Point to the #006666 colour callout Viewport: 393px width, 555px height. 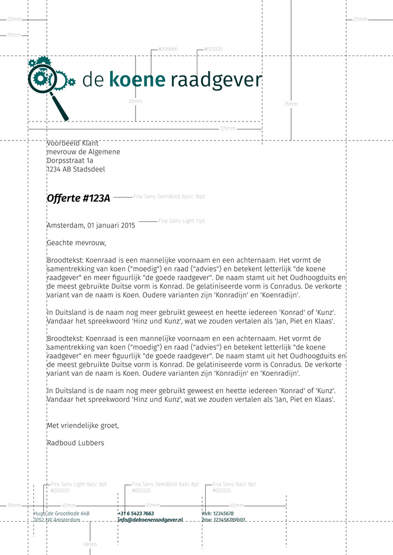click(x=167, y=49)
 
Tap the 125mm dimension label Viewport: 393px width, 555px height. click(x=227, y=129)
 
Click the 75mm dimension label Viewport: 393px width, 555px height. click(x=291, y=104)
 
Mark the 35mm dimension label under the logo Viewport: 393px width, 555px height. click(x=135, y=102)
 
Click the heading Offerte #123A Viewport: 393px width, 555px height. click(x=78, y=199)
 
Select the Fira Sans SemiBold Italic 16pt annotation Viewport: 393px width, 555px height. click(x=169, y=196)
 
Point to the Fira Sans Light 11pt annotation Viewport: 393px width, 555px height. click(x=182, y=221)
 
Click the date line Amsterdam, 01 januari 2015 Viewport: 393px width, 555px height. click(x=91, y=226)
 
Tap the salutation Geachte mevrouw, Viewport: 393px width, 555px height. click(x=76, y=243)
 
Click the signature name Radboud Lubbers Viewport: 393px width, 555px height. click(x=75, y=443)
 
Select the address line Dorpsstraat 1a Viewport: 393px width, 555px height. click(x=74, y=160)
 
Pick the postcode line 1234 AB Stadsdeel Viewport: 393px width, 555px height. click(x=76, y=169)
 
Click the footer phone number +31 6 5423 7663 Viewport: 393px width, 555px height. click(x=136, y=514)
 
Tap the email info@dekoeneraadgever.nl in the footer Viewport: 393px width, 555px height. click(x=150, y=520)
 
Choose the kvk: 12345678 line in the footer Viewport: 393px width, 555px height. click(x=218, y=514)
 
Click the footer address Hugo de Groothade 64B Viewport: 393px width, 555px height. click(x=62, y=514)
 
